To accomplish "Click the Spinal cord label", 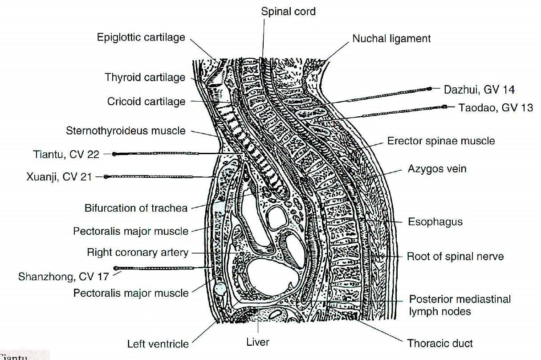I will click(x=288, y=11).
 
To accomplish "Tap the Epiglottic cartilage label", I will click(x=141, y=37).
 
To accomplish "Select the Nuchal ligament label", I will click(x=391, y=39).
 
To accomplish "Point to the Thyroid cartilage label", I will click(x=145, y=78).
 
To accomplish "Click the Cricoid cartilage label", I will click(x=146, y=102).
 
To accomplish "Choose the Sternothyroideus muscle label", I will click(x=126, y=131).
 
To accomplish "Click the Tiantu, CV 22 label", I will click(x=66, y=155).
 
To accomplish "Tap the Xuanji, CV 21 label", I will click(x=59, y=177).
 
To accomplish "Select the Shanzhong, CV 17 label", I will click(x=63, y=277).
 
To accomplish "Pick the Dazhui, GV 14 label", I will click(x=479, y=90).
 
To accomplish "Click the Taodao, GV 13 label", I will click(x=496, y=107).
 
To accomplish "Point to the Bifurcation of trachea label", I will click(x=136, y=208).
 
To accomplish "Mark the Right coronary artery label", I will click(x=138, y=253).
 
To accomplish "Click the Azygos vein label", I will click(x=437, y=169).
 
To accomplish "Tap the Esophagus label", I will click(x=435, y=221).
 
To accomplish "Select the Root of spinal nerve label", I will click(x=455, y=257).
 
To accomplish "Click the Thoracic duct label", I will click(x=440, y=343).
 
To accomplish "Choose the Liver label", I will click(x=258, y=342).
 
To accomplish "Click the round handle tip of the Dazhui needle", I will click(x=430, y=89).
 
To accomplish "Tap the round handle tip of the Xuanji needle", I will click(x=106, y=177).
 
